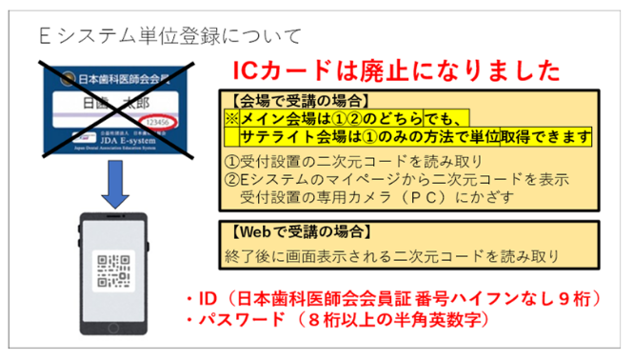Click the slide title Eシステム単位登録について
click(x=169, y=37)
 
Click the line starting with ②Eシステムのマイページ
click(x=378, y=179)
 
